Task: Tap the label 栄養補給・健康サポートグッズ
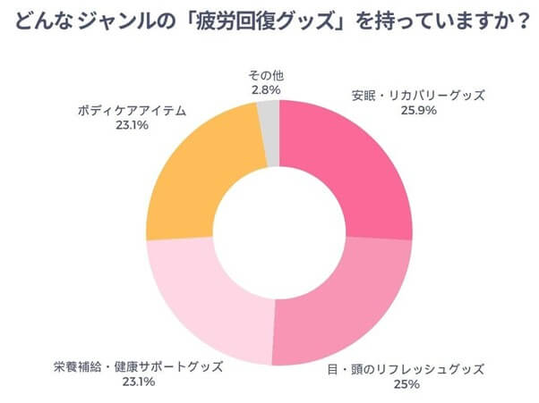135,367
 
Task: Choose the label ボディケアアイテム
131,111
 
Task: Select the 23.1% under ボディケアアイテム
131,126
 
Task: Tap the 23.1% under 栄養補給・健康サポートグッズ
135,382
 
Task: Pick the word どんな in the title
41,21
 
